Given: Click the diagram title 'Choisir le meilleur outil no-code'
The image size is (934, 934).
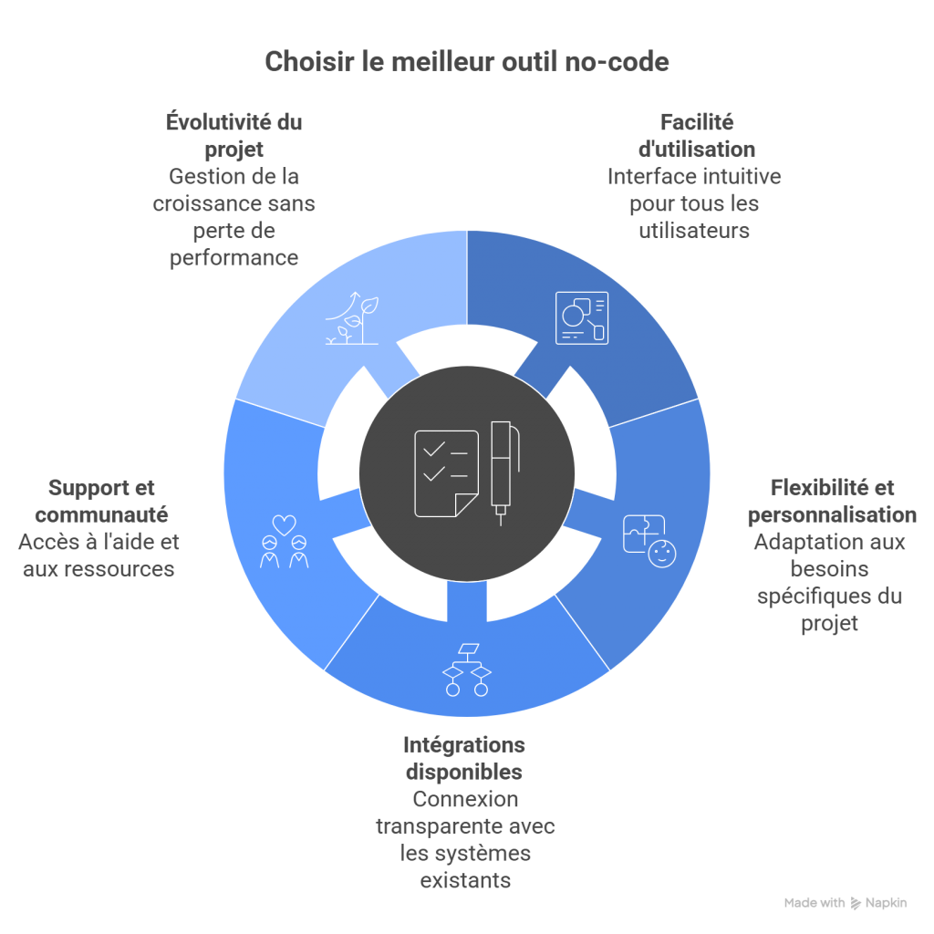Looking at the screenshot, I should click(466, 62).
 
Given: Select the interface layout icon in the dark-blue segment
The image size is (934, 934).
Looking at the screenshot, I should click(581, 317).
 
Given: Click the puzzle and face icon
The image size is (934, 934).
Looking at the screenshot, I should click(646, 541).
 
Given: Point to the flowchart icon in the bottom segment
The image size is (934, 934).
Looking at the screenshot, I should click(466, 669).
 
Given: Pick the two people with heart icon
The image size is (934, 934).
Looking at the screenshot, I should click(284, 542).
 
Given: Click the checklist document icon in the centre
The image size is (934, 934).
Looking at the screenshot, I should click(446, 472).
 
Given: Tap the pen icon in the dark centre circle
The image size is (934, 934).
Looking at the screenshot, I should click(502, 472).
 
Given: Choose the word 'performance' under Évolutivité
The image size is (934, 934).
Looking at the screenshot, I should click(233, 258).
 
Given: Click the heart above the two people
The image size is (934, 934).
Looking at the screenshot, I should click(285, 525).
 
